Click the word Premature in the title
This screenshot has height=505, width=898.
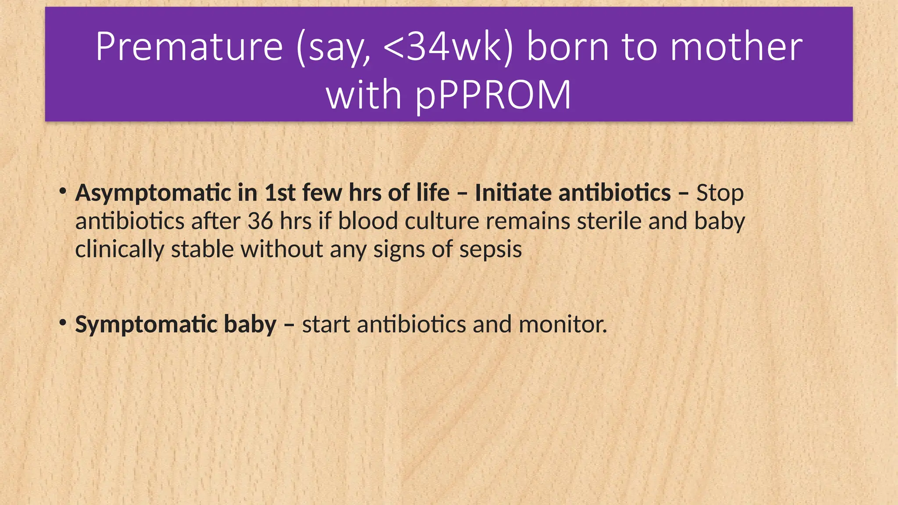[189, 46]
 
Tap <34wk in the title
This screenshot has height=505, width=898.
[442, 46]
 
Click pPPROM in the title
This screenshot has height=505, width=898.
[493, 95]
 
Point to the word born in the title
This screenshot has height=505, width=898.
[567, 46]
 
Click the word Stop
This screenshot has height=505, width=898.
[720, 193]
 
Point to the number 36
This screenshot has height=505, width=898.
[260, 221]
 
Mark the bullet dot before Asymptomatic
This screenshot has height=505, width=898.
[63, 191]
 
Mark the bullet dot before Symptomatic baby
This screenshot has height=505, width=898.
[63, 323]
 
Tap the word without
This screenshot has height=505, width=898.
[282, 249]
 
